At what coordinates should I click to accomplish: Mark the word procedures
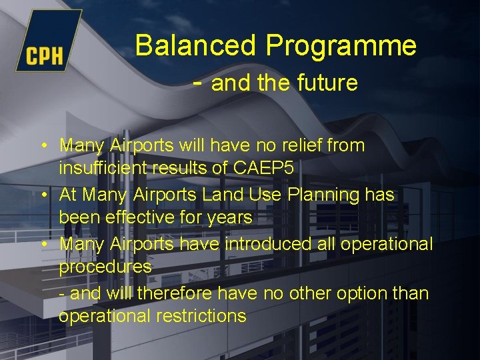tap(105, 267)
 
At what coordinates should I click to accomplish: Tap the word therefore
tap(173, 293)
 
